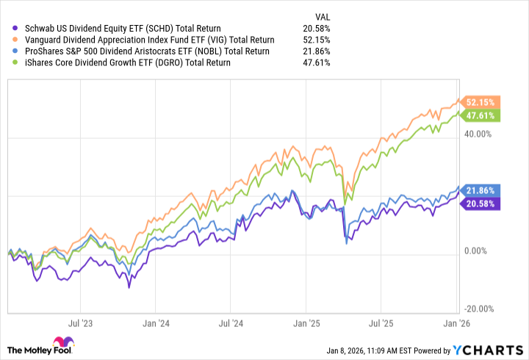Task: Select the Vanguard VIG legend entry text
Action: coord(146,40)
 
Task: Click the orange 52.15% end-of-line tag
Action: coord(480,102)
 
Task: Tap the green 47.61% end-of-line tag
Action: coord(480,115)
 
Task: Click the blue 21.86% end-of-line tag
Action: coord(480,190)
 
